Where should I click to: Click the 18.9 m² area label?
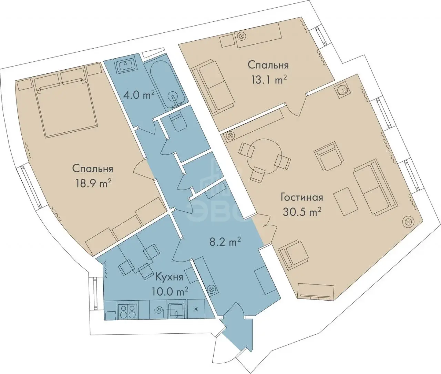pos(94,183)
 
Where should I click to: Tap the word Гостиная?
pos(302,197)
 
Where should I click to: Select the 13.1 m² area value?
pos(268,80)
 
